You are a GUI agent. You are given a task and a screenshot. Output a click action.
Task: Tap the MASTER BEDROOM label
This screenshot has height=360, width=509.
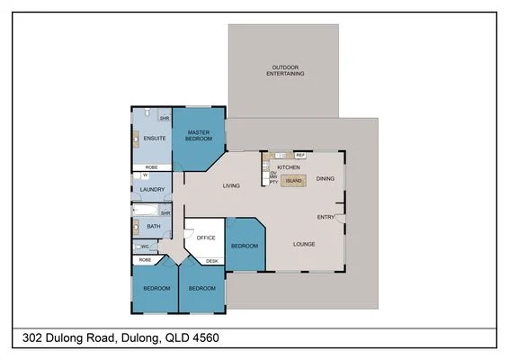[x=199, y=136]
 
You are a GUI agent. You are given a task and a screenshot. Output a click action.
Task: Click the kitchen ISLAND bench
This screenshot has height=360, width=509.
[x=293, y=180]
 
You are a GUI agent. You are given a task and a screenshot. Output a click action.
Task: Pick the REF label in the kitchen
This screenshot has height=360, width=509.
[x=299, y=156]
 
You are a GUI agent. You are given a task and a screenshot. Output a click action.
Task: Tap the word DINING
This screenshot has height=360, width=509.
[x=325, y=178]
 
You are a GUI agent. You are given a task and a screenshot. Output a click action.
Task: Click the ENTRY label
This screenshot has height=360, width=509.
[x=326, y=217]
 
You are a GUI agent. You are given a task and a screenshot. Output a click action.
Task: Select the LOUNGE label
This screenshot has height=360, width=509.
[x=304, y=244]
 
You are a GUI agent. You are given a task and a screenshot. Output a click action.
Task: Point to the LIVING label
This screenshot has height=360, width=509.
[x=231, y=186]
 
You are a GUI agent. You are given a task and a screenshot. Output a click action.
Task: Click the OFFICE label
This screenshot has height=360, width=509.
[x=206, y=238]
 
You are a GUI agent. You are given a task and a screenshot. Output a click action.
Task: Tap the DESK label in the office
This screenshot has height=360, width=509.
[x=211, y=261]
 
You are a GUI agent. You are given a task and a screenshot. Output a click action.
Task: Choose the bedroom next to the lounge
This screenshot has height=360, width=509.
[x=244, y=246]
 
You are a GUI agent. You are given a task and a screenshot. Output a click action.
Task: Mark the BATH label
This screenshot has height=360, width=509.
[x=153, y=227]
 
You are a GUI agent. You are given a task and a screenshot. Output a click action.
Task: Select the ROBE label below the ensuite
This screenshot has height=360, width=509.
[x=152, y=167]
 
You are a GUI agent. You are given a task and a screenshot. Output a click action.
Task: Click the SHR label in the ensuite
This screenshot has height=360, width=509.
[x=165, y=119]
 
